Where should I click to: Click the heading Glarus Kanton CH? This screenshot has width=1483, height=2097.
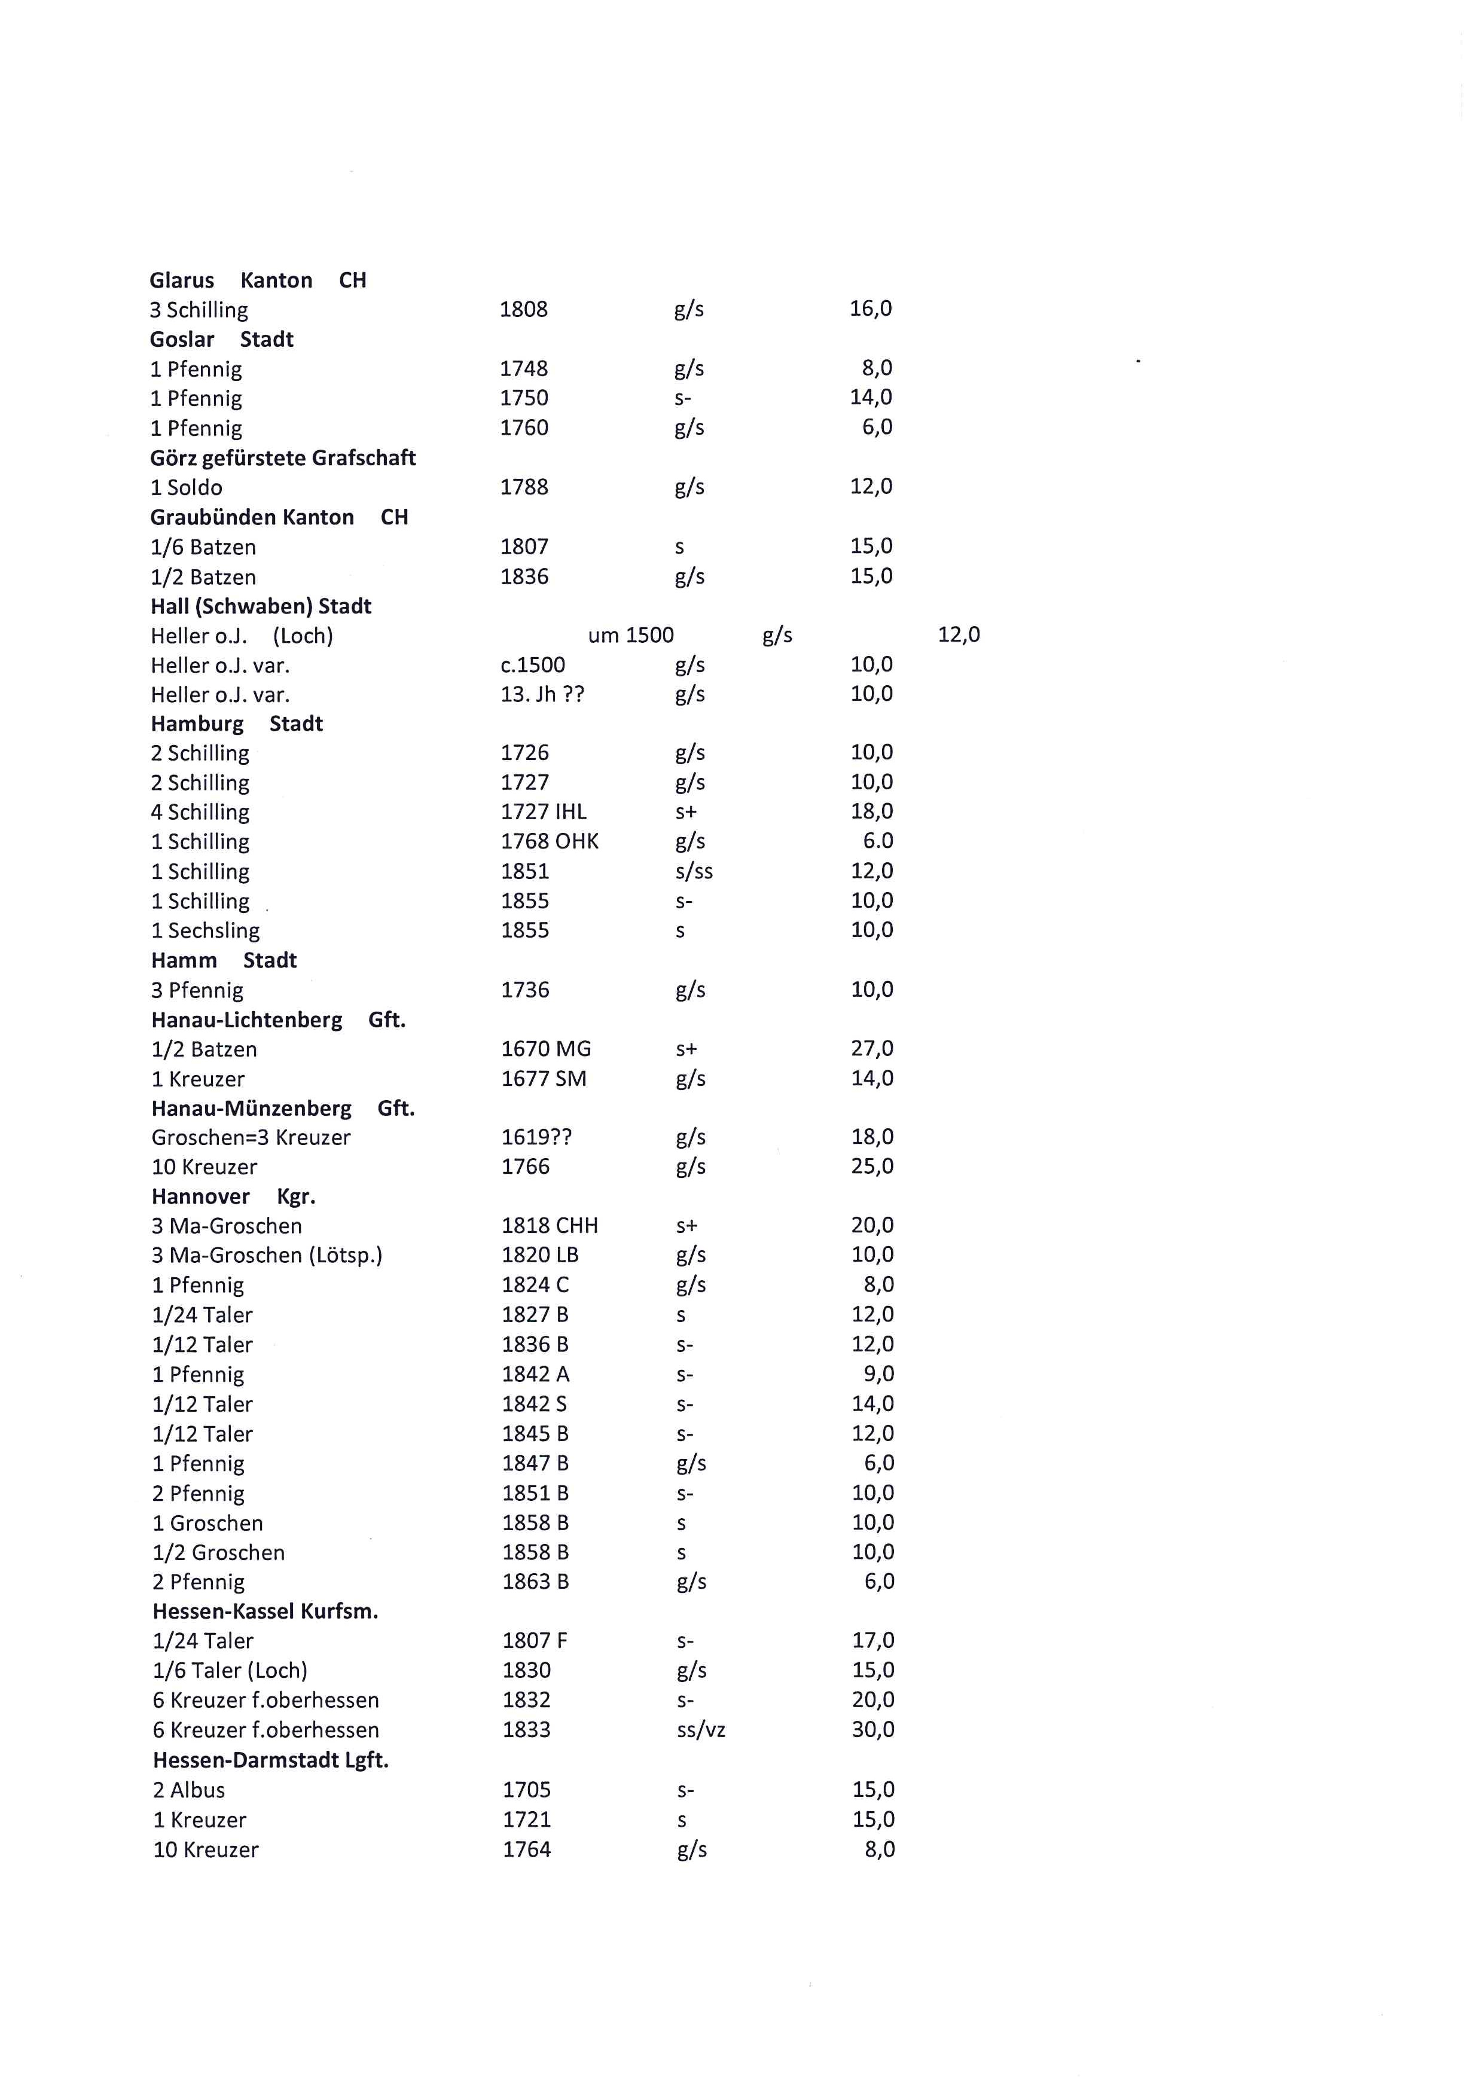coord(258,280)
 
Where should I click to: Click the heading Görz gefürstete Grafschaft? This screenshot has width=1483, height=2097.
coord(283,459)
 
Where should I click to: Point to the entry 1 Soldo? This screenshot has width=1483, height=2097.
coord(187,488)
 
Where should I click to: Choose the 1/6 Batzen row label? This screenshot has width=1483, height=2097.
coord(203,547)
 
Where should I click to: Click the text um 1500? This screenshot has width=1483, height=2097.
coord(630,636)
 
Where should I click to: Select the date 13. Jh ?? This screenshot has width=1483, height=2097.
coord(542,694)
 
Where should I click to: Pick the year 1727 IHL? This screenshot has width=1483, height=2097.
coord(544,812)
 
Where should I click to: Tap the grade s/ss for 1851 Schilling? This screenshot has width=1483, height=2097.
coord(694,871)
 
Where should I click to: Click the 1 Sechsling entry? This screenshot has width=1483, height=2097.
coord(206,930)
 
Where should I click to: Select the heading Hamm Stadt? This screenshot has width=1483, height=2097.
coord(224,961)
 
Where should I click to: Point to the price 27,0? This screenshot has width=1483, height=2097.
coord(871,1049)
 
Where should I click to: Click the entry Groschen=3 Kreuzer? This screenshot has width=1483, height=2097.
coord(251,1138)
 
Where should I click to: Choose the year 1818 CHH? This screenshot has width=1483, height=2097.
coord(550,1226)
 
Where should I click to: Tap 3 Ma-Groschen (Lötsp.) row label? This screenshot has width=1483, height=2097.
coord(267,1256)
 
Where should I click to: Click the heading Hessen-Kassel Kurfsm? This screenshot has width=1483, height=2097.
coord(265,1611)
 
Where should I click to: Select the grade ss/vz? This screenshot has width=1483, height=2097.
coord(700,1730)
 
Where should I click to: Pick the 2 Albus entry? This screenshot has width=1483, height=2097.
coord(189,1790)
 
